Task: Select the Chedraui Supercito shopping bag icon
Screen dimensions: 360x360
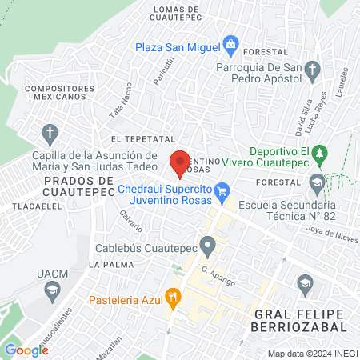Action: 222,190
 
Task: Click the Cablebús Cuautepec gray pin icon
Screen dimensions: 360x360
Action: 208,244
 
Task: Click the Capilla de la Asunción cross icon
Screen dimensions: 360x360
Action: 50,133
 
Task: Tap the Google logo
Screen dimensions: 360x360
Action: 26,350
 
